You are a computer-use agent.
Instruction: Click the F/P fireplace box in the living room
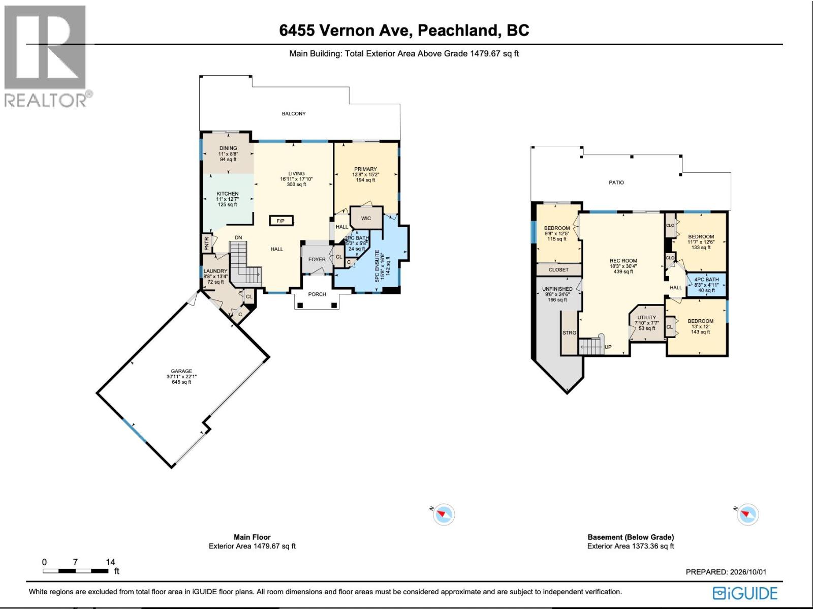(x=281, y=221)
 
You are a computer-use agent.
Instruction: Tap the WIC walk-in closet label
(x=366, y=218)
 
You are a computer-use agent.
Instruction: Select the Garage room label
(x=181, y=371)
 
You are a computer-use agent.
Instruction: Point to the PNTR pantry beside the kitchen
(x=207, y=243)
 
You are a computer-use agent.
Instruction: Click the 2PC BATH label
(x=357, y=238)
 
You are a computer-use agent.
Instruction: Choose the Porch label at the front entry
(x=317, y=294)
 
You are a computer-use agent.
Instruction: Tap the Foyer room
(x=317, y=259)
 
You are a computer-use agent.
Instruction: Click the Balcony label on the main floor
(x=294, y=113)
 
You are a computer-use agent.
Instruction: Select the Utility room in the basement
(x=647, y=323)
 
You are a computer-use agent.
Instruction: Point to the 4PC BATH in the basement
(x=706, y=285)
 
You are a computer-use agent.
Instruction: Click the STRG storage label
(x=569, y=332)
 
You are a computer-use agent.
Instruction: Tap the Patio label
(x=616, y=182)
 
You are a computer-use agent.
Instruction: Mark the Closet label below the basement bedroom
(x=558, y=269)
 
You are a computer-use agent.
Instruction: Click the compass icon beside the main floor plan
(x=444, y=514)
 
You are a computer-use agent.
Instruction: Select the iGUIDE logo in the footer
(x=745, y=593)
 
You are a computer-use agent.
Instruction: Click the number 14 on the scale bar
(x=110, y=562)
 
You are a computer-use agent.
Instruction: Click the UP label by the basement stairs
(x=608, y=347)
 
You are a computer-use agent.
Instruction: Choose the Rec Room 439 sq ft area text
(x=623, y=271)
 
